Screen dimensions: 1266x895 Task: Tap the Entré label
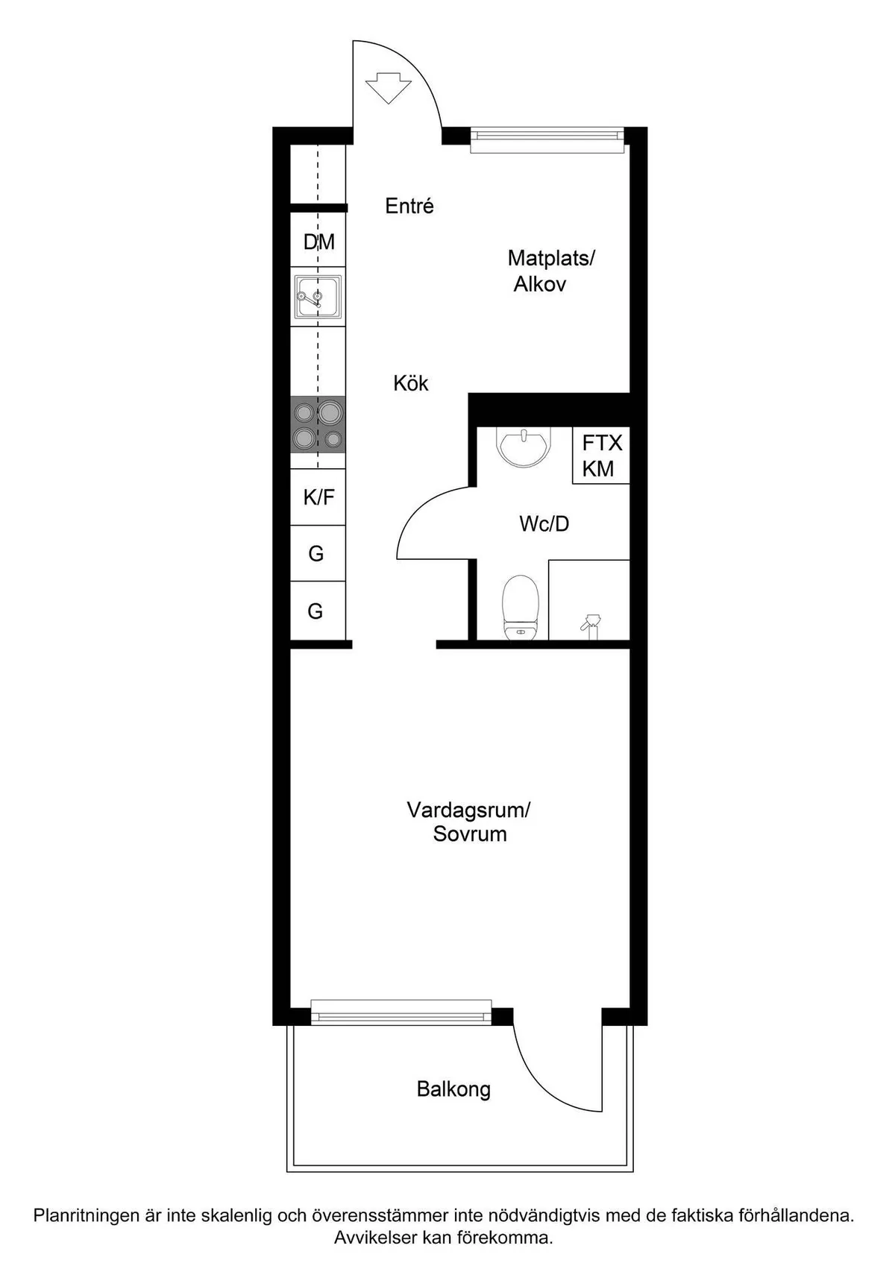pyautogui.click(x=409, y=207)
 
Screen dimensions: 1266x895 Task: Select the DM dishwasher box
pyautogui.click(x=318, y=242)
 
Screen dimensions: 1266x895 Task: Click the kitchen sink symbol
pyautogui.click(x=318, y=297)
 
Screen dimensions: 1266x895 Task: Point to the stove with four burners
pyautogui.click(x=318, y=424)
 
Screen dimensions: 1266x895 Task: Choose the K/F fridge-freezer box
pyautogui.click(x=318, y=497)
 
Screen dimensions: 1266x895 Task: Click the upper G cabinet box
pyautogui.click(x=316, y=554)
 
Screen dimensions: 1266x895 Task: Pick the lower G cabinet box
pyautogui.click(x=316, y=611)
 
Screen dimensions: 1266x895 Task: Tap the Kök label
pyautogui.click(x=411, y=383)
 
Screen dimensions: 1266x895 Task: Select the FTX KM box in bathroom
pyautogui.click(x=601, y=456)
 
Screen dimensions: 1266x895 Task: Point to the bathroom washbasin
pyautogui.click(x=523, y=445)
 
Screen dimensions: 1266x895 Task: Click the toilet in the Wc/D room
pyautogui.click(x=521, y=607)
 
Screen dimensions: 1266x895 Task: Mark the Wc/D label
pyautogui.click(x=544, y=524)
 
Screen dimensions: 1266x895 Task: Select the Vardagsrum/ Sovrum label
pyautogui.click(x=469, y=822)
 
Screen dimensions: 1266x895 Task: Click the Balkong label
pyautogui.click(x=453, y=1089)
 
